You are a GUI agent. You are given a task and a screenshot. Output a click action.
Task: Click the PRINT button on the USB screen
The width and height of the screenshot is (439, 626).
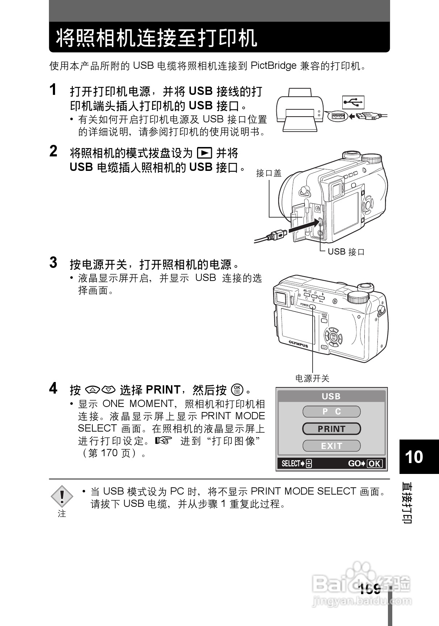(x=331, y=429)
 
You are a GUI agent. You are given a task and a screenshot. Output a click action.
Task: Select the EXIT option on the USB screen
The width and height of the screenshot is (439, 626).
(x=331, y=446)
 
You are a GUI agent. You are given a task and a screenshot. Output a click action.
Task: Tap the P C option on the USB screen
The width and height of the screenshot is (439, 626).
(x=331, y=412)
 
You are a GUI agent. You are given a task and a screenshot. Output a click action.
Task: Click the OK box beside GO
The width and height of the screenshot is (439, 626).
(x=375, y=463)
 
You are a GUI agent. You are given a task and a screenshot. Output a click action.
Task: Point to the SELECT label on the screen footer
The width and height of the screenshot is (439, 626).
(x=291, y=463)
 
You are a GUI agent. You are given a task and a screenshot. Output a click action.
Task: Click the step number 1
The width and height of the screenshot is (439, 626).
(x=53, y=90)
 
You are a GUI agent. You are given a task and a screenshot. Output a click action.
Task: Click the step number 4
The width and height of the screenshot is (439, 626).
(x=53, y=388)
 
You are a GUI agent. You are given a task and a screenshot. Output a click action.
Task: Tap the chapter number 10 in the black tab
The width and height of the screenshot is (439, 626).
(x=414, y=457)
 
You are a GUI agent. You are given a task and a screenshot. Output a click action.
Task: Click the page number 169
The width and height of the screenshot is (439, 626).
(x=370, y=589)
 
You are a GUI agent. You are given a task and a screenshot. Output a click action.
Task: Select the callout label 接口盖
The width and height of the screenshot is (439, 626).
(x=269, y=173)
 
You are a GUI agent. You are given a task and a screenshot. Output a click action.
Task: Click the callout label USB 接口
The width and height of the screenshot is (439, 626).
(x=346, y=252)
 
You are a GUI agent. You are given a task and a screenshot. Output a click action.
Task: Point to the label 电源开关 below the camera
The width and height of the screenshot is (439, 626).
(x=312, y=379)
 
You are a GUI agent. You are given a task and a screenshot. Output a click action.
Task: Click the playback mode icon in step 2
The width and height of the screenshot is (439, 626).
(x=204, y=153)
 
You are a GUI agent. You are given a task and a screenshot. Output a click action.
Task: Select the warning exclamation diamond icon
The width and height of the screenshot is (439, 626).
(x=62, y=496)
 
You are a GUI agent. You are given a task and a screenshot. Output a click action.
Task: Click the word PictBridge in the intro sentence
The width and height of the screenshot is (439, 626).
(x=273, y=66)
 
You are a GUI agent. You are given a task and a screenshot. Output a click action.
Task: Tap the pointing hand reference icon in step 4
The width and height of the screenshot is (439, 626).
(x=162, y=441)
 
